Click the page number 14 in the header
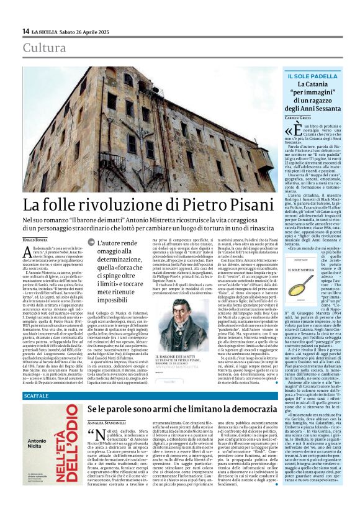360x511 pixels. [x=25, y=32]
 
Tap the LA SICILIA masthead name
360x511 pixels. [x=46, y=32]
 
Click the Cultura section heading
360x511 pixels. [x=44, y=48]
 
